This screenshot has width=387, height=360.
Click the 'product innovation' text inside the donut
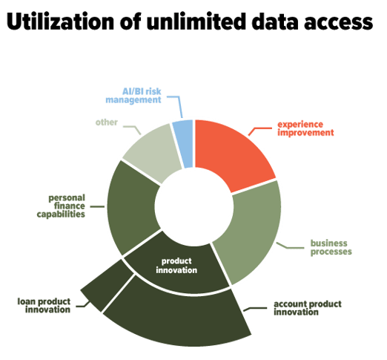click(x=176, y=266)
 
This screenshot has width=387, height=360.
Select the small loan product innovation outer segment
click(x=106, y=284)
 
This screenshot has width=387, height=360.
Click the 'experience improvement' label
click(x=305, y=128)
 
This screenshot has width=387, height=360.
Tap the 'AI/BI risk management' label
click(x=133, y=96)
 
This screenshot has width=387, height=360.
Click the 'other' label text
click(x=107, y=122)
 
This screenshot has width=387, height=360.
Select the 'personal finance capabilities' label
click(x=61, y=206)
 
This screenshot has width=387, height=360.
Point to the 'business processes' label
click(x=331, y=247)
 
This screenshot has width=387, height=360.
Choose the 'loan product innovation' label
click(x=44, y=306)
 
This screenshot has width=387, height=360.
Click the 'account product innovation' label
click(x=308, y=308)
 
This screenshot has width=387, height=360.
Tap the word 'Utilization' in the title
click(x=60, y=22)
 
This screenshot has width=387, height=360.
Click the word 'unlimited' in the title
click(x=196, y=22)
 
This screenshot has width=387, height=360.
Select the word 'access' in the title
click(x=338, y=24)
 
